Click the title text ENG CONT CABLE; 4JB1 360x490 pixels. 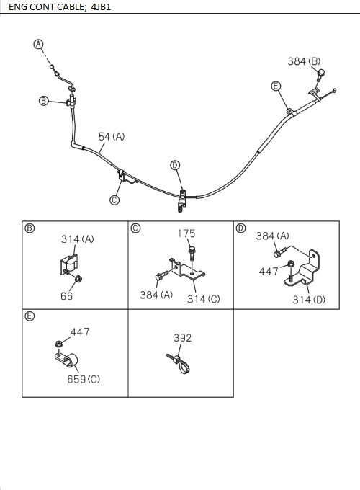point(60,6)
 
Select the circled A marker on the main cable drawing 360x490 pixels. point(38,45)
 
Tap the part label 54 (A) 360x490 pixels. point(111,137)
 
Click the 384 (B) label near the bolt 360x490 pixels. point(304,61)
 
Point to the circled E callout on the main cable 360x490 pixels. point(276,86)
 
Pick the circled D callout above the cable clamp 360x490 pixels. point(175,165)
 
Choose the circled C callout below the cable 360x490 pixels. point(114,200)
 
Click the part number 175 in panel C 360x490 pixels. point(186,233)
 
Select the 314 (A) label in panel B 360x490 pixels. point(78,239)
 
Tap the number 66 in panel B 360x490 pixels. point(66,296)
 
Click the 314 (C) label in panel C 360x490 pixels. point(204,299)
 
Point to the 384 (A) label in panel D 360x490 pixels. point(272,236)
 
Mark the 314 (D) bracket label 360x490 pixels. point(309,300)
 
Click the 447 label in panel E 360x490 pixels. point(80,332)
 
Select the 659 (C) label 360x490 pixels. point(84,379)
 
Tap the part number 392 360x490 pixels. point(183,338)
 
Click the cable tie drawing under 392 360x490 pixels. point(179,362)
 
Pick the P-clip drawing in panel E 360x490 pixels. point(66,360)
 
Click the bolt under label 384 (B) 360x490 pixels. point(320,76)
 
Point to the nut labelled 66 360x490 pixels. point(79,278)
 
